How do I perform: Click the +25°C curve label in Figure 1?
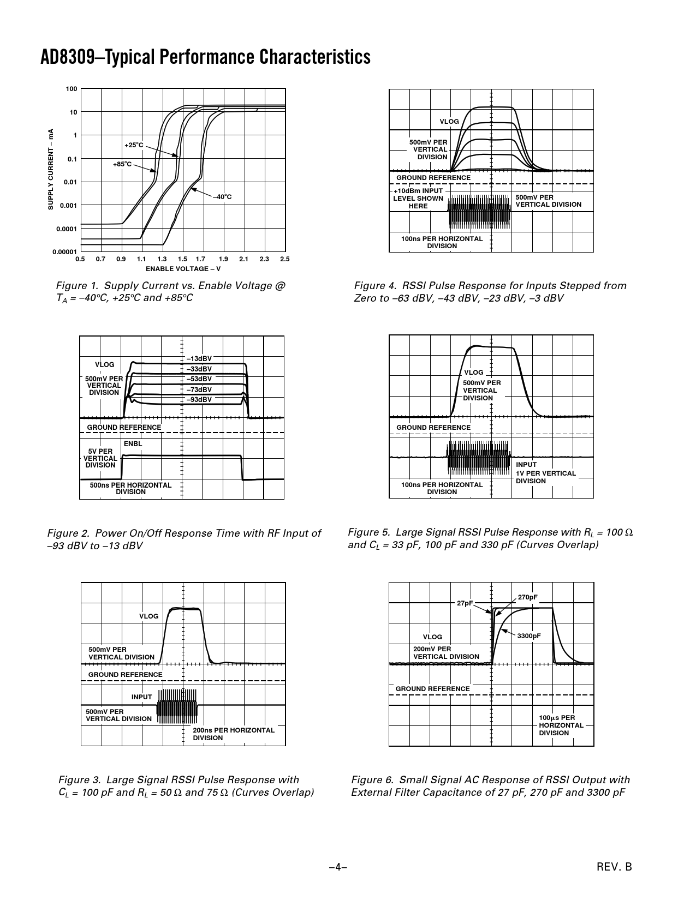134,145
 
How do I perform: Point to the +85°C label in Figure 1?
122,164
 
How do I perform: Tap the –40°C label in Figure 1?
222,196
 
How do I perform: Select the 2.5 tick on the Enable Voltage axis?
284,259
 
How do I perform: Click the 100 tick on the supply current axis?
72,88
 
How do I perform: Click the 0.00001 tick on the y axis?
64,251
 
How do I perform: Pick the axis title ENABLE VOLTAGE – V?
183,268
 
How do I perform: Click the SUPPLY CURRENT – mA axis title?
50,169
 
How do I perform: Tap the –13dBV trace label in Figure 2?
199,358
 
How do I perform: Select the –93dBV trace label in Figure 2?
199,399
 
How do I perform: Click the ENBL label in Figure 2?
133,444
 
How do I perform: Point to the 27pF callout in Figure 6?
465,603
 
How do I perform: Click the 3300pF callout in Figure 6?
529,636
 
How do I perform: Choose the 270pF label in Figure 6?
527,597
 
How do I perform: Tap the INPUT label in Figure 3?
141,697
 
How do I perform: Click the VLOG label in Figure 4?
449,122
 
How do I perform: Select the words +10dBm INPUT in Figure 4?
418,191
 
